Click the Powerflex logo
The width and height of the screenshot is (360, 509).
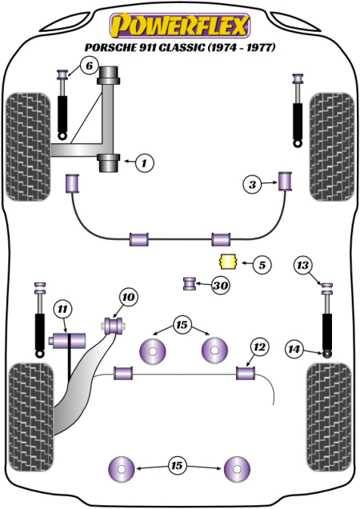tap(179, 26)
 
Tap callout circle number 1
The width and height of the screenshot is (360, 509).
tap(143, 163)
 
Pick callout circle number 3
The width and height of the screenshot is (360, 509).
tap(253, 185)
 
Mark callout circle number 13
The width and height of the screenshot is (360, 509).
tap(302, 266)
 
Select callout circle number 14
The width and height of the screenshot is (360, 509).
tap(294, 349)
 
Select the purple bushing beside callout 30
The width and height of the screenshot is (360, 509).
tap(190, 283)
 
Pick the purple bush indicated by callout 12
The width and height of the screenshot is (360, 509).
tap(245, 372)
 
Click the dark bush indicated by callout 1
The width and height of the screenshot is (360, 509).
tap(109, 163)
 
